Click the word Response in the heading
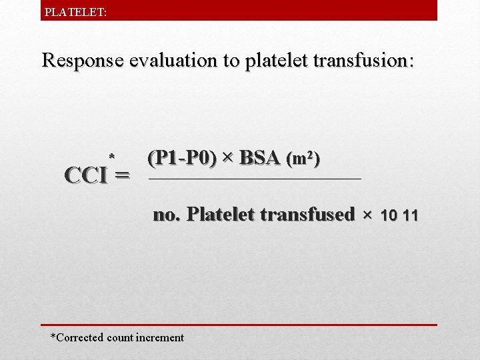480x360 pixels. [82, 61]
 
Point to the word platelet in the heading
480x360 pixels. [271, 61]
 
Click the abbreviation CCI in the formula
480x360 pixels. [86, 175]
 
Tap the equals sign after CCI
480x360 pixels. [122, 177]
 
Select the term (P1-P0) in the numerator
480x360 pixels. [182, 159]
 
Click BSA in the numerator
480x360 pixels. [259, 159]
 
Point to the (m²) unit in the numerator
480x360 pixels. [303, 160]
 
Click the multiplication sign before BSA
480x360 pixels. [228, 159]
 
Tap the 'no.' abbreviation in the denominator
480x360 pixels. [167, 215]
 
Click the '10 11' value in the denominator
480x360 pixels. [399, 215]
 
